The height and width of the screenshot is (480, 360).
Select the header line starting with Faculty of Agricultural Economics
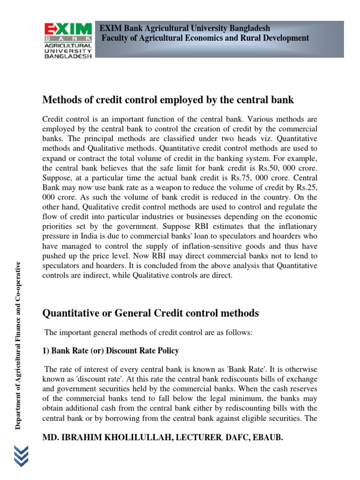point(206,38)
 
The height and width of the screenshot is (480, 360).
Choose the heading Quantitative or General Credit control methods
point(150,313)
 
